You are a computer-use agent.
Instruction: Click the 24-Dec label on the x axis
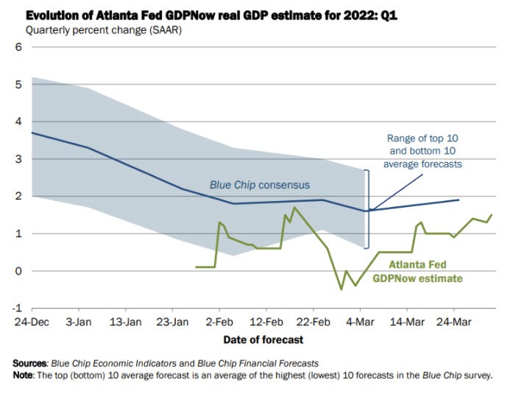[x=32, y=322]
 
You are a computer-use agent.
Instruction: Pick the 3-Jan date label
[x=79, y=322]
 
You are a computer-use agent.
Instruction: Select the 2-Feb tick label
[x=219, y=322]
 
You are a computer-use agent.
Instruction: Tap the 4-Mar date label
[x=360, y=322]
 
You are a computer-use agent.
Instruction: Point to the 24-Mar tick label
[x=453, y=322]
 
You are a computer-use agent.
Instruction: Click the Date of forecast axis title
[x=263, y=340]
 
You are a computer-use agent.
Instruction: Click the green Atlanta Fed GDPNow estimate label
[x=417, y=272]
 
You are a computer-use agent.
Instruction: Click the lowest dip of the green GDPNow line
[x=341, y=289]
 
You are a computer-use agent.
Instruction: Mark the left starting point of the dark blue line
[x=32, y=133]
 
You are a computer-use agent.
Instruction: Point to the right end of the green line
[x=492, y=214]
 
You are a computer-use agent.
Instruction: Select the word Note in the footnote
[x=26, y=375]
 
